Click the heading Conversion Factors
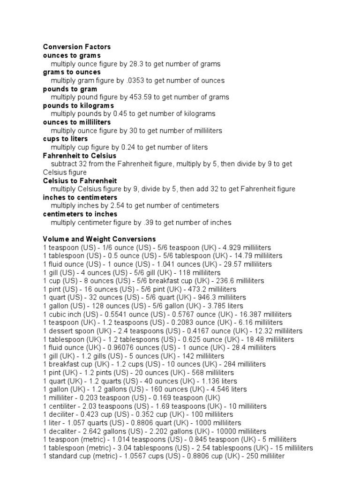point(77,47)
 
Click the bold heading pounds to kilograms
point(78,105)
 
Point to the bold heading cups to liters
point(65,139)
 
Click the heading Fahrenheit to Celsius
point(80,156)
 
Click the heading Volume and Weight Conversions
point(99,239)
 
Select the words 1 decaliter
point(60,431)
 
